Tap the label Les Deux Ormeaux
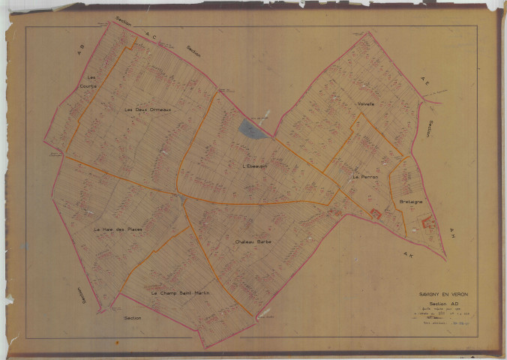click(148, 109)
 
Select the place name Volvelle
click(365, 103)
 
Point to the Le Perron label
click(365, 176)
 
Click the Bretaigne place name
click(411, 202)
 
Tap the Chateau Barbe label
click(253, 242)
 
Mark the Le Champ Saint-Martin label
click(179, 292)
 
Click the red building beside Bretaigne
click(428, 221)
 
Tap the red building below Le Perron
click(376, 214)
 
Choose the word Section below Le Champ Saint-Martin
click(133, 318)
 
